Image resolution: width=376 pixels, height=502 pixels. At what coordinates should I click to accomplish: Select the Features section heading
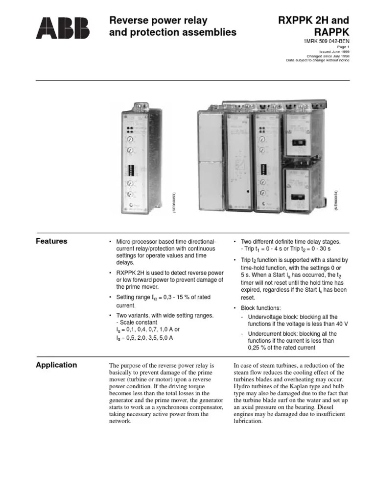pyautogui.click(x=52, y=241)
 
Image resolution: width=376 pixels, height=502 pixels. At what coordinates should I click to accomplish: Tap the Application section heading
pyautogui.click(x=57, y=365)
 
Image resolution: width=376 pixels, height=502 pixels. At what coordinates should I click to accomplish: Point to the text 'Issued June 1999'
pyautogui.click(x=334, y=51)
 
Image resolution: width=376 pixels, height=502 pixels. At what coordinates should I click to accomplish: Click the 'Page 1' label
pyautogui.click(x=342, y=47)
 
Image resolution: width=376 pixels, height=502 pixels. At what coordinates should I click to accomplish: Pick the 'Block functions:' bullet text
pyautogui.click(x=260, y=308)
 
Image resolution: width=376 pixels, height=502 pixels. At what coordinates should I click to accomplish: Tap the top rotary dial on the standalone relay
pyautogui.click(x=130, y=139)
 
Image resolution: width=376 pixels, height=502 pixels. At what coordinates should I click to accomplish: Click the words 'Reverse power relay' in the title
pyautogui.click(x=158, y=21)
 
